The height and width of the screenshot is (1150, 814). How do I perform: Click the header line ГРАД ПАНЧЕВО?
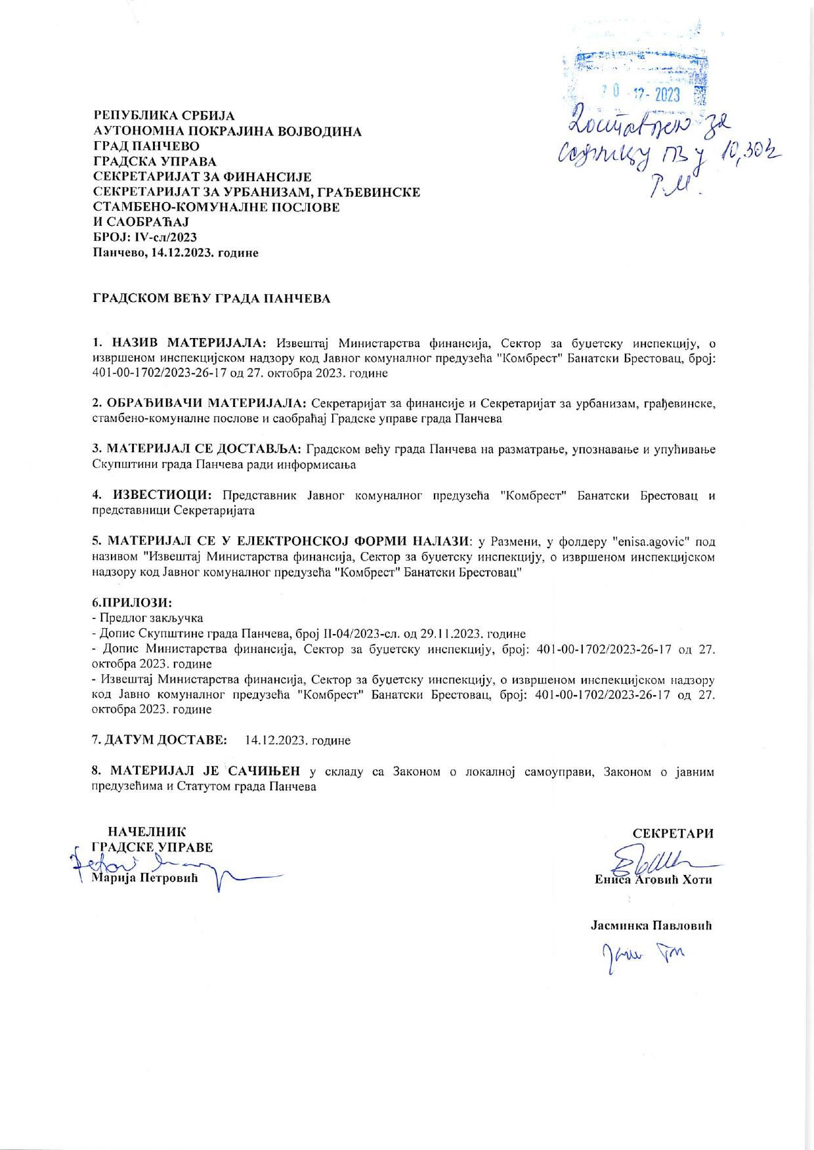[146, 146]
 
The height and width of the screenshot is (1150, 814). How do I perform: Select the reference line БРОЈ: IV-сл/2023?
[144, 238]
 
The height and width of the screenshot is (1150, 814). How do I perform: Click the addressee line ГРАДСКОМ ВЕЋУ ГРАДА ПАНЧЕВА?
[211, 299]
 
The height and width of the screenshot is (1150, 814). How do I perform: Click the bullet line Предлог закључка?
[150, 618]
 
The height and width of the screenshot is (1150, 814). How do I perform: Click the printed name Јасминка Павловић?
[651, 926]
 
